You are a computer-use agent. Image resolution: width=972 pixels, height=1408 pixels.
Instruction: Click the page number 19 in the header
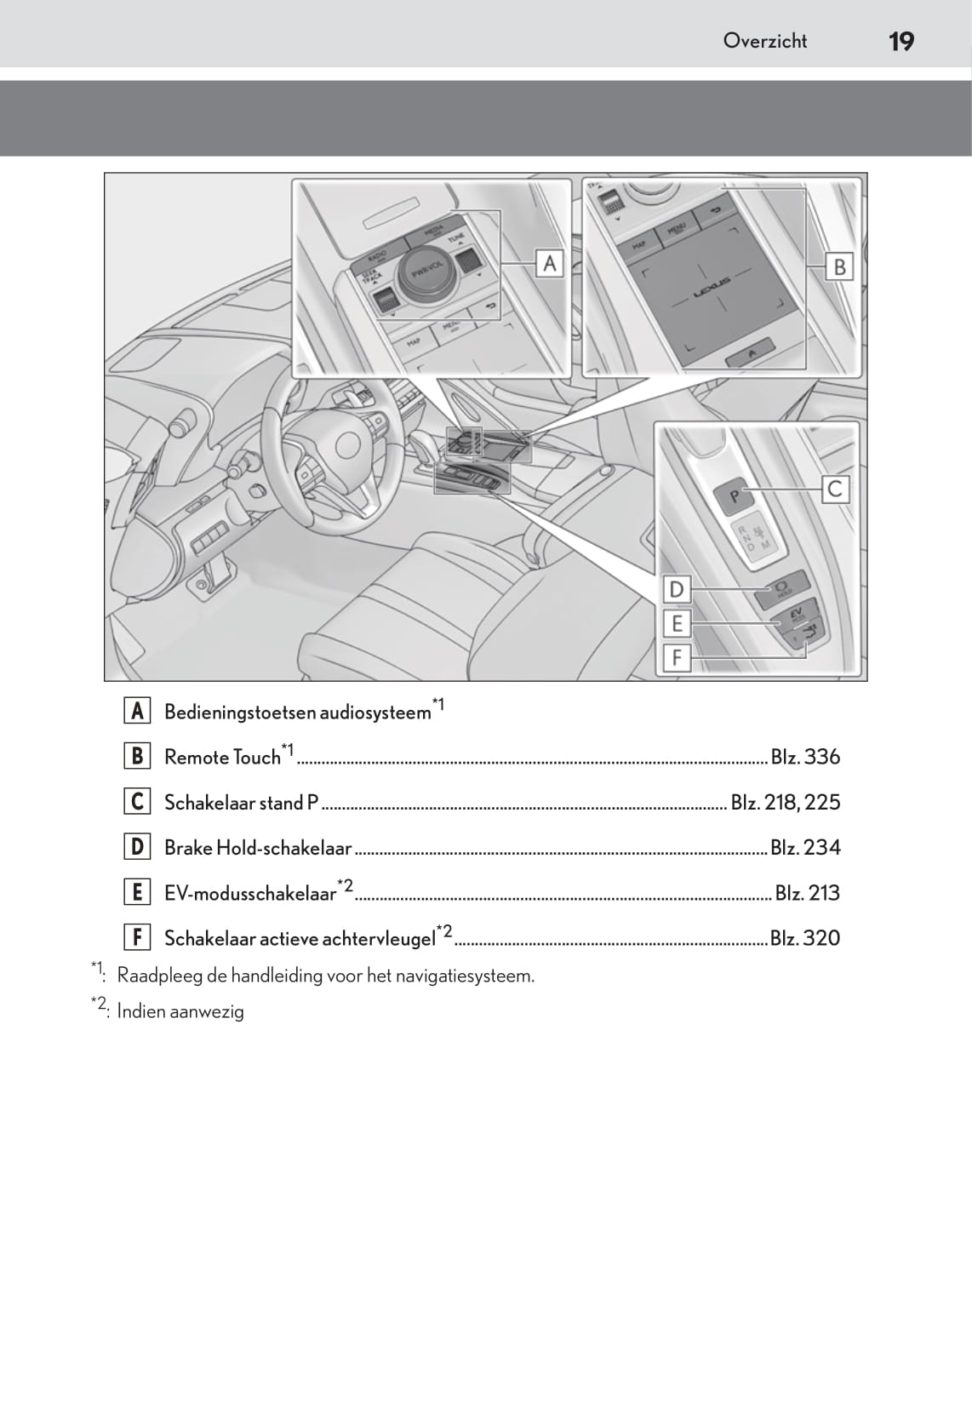tap(901, 41)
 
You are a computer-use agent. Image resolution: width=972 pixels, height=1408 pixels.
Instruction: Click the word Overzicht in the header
tap(764, 40)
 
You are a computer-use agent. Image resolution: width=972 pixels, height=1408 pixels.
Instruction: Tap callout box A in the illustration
tap(550, 263)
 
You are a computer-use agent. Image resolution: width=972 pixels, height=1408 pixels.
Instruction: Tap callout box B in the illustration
tap(839, 266)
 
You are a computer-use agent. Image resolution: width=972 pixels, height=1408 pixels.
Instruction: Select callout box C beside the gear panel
tap(835, 489)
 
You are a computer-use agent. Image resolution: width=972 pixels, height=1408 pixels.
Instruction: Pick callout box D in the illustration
tap(677, 589)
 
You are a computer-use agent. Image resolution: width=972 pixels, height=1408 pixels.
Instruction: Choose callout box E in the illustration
tap(677, 623)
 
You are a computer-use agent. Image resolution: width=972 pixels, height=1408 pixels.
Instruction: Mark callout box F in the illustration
tap(677, 657)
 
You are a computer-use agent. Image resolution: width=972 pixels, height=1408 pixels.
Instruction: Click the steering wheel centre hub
tap(349, 444)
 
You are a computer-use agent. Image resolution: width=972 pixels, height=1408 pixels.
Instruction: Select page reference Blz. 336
tap(804, 757)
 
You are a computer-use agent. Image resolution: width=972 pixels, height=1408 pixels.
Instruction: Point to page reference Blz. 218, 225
tap(785, 802)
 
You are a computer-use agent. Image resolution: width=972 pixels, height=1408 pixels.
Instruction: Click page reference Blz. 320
tap(804, 938)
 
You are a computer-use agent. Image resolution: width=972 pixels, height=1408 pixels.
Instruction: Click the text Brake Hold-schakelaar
tap(258, 848)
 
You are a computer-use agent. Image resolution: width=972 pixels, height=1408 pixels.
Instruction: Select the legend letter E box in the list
tap(137, 892)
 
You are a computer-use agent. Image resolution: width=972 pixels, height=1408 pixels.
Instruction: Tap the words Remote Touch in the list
tap(222, 758)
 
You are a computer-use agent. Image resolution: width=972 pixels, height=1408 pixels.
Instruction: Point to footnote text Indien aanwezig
tap(180, 1011)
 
